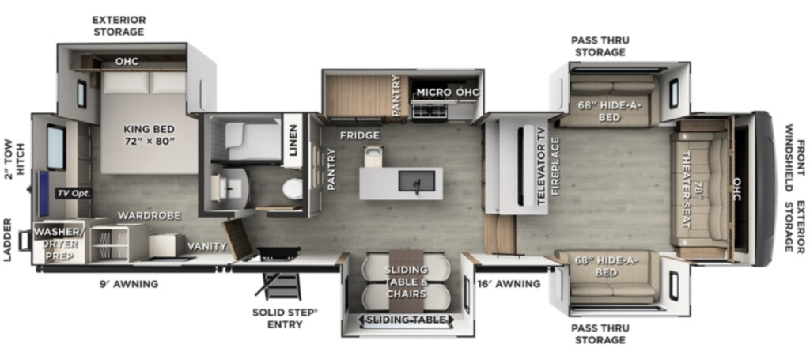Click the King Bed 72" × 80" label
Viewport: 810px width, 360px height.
click(150, 135)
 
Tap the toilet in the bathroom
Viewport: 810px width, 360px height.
click(293, 189)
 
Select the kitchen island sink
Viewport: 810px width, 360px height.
click(416, 181)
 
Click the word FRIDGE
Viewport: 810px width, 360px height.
click(360, 136)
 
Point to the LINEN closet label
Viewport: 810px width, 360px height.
click(293, 141)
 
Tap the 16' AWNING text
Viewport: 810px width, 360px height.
click(509, 283)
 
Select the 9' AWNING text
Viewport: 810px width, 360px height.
click(129, 284)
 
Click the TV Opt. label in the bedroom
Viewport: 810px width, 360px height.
click(74, 194)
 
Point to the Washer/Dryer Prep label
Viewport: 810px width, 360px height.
click(58, 244)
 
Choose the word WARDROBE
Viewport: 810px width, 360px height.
click(149, 216)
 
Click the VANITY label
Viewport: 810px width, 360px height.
click(206, 247)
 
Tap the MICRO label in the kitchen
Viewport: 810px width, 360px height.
click(433, 93)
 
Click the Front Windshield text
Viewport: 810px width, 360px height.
click(794, 150)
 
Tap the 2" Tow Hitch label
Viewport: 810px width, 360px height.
click(15, 153)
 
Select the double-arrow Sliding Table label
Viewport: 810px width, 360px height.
click(406, 320)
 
